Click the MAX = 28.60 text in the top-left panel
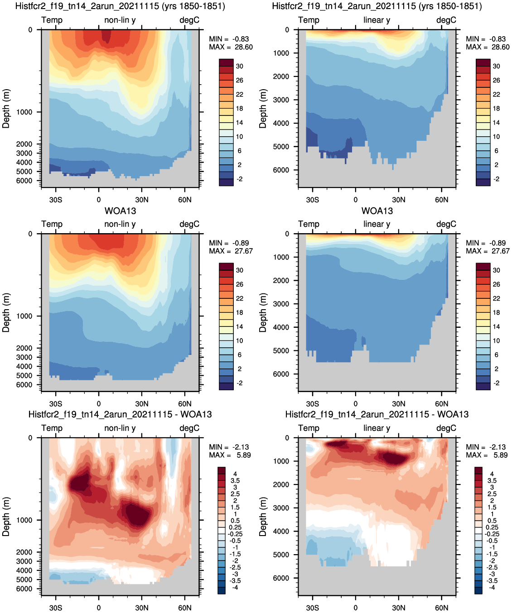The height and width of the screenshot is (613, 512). [x=231, y=47]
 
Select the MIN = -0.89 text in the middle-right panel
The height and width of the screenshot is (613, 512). [x=486, y=243]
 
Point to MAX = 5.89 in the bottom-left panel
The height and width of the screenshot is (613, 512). [x=230, y=455]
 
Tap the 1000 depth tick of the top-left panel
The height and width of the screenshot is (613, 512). [x=24, y=112]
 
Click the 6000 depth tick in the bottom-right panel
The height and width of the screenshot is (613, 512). [x=281, y=578]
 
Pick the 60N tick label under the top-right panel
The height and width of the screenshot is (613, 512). [x=441, y=200]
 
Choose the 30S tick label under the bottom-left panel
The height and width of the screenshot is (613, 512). [x=56, y=608]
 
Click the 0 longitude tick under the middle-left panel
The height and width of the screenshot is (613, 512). [x=99, y=403]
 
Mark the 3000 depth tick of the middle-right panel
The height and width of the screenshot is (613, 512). [x=281, y=304]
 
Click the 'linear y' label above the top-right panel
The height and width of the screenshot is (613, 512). [x=377, y=20]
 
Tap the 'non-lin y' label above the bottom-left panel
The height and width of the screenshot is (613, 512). [x=120, y=428]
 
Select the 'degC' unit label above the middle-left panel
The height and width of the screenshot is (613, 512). [x=189, y=224]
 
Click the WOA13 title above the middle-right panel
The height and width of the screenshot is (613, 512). [x=377, y=211]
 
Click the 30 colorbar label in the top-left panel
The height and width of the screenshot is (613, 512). [x=240, y=66]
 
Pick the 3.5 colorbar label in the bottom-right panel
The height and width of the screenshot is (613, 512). [x=492, y=481]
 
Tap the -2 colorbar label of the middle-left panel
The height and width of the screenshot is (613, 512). [x=240, y=383]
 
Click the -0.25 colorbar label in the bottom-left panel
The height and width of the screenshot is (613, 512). [x=235, y=534]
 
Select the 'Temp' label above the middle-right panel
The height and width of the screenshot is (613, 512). [x=309, y=224]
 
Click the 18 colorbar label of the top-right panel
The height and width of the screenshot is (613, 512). [x=497, y=108]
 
